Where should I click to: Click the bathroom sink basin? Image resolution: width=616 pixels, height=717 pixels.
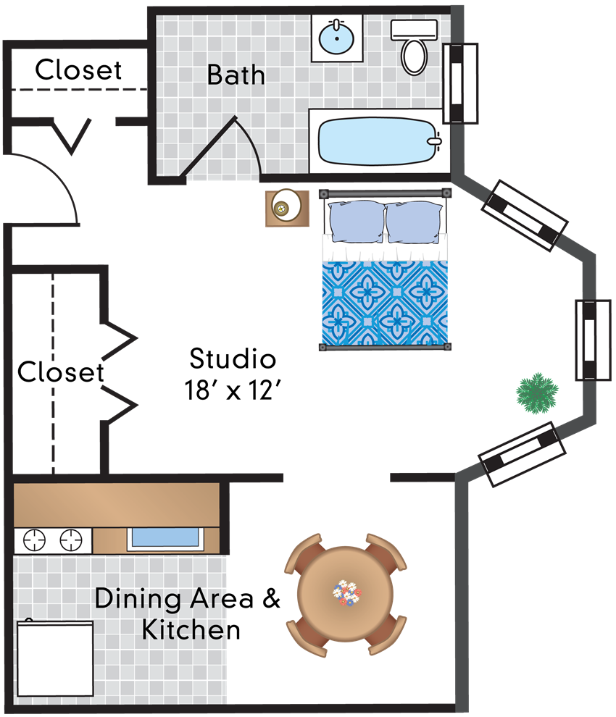[336, 38]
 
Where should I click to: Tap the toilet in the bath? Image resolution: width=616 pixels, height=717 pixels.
[414, 47]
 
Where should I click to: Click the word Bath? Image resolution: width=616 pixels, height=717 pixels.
[236, 75]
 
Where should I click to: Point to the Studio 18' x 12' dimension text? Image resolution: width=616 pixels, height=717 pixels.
[233, 374]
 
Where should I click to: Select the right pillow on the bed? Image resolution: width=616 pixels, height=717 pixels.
[415, 222]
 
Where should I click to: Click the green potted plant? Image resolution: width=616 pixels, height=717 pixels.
[537, 393]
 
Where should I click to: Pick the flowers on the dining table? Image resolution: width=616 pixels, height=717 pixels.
[346, 593]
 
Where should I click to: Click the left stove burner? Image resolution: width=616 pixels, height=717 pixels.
[34, 540]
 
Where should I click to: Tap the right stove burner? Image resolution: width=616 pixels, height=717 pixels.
[71, 540]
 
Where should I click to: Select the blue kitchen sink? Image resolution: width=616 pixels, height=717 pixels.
[165, 537]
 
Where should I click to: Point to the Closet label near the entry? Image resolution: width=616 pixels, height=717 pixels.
[78, 70]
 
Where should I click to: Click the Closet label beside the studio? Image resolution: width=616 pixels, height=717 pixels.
[61, 372]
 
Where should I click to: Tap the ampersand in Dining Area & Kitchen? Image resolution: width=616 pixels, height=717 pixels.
[271, 598]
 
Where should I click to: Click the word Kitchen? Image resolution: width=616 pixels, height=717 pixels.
[191, 630]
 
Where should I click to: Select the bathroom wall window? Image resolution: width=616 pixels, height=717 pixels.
[460, 84]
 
